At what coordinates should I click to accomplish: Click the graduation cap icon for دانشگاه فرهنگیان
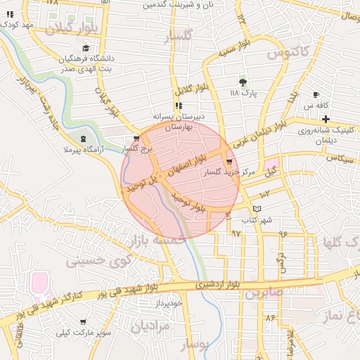[x=86, y=49]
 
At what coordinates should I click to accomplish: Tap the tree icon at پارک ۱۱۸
[x=243, y=82]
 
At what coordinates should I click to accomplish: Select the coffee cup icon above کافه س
[x=316, y=94]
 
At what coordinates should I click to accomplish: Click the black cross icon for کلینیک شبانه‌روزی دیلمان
[x=326, y=117]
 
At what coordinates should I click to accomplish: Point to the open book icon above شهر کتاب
[x=257, y=209]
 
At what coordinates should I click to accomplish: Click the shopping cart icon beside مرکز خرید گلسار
[x=230, y=162]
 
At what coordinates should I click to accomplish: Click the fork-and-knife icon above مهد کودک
[x=10, y=13]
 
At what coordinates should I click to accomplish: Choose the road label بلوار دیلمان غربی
[x=264, y=134]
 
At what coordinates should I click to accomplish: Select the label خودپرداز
[x=169, y=304]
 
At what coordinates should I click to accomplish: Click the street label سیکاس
[x=338, y=159]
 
